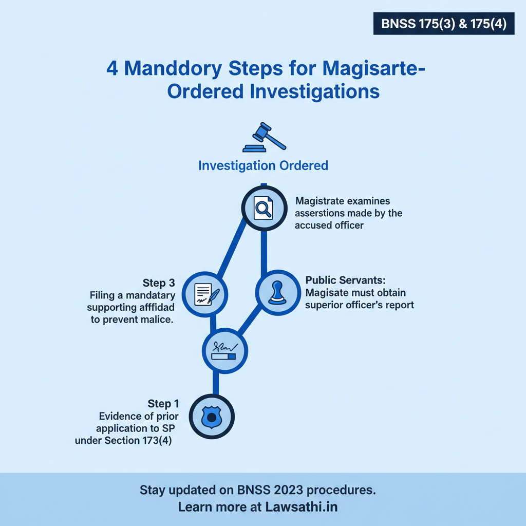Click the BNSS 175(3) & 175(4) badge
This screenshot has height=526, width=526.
[444, 24]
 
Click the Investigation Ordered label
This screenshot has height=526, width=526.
[263, 165]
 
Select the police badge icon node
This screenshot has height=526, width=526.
[212, 416]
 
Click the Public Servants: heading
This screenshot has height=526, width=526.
[345, 280]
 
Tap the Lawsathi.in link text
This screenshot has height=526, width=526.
[301, 506]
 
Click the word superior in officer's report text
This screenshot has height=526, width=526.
[326, 305]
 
